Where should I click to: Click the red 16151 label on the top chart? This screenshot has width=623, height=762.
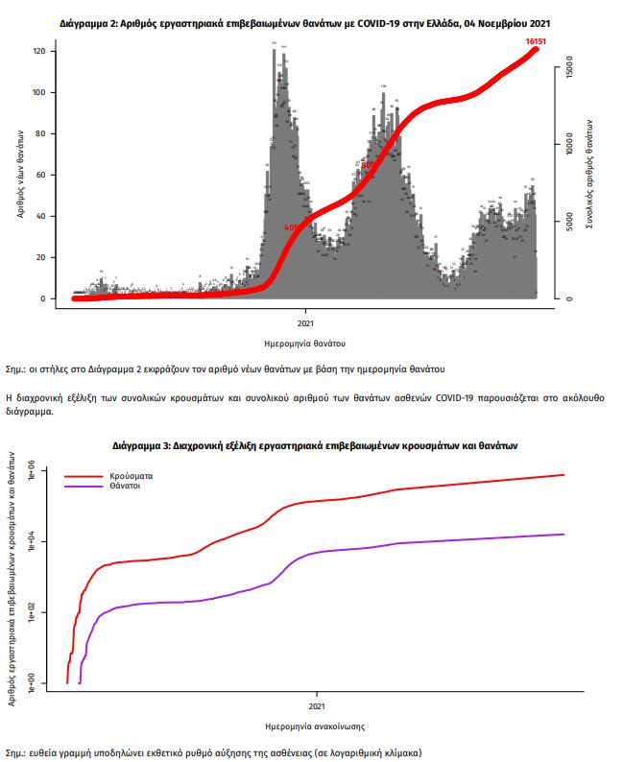pos(536,42)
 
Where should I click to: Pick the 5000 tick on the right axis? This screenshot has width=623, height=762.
pos(570,222)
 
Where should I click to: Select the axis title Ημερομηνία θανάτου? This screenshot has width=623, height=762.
pos(304,343)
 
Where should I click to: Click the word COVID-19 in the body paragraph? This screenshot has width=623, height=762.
pos(459,396)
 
